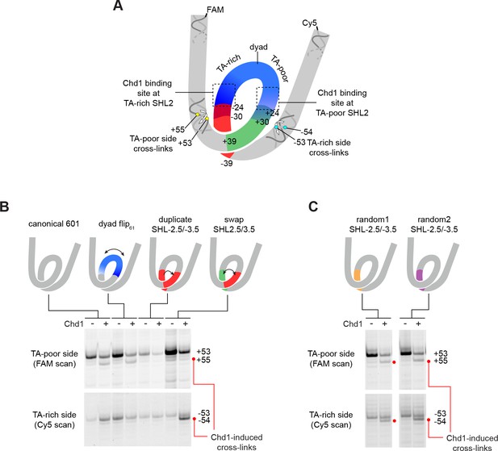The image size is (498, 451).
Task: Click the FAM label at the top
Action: point(215,10)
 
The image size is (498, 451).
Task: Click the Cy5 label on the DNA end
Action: point(309,23)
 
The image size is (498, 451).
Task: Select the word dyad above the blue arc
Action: point(258,47)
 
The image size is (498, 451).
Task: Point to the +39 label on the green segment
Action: point(229,141)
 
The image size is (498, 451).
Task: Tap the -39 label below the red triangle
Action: point(227,164)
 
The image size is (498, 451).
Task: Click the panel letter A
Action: point(118,6)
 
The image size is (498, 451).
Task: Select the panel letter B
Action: point(4,207)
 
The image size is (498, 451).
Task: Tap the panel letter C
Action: point(313,207)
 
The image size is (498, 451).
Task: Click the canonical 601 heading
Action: point(54,224)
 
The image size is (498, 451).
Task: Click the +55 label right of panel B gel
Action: point(203,360)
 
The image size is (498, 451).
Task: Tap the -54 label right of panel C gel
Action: point(440,421)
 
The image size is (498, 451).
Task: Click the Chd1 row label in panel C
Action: point(353,324)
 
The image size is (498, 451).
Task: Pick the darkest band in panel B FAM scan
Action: point(171,352)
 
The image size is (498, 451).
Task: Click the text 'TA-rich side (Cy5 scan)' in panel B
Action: point(54,420)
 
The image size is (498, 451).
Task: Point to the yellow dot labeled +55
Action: point(198,115)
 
